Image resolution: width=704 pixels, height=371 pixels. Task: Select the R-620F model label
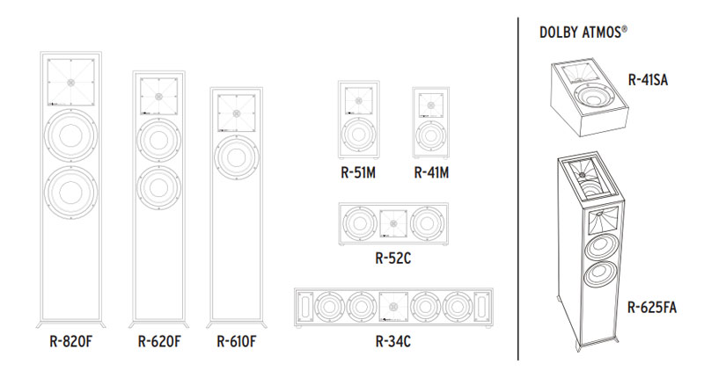click(x=158, y=340)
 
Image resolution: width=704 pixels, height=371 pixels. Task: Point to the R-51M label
click(x=358, y=172)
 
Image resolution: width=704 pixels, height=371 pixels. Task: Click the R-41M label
click(x=431, y=172)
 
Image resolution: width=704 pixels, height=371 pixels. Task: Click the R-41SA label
click(x=649, y=78)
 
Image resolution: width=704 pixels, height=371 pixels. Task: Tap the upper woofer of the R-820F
click(x=69, y=132)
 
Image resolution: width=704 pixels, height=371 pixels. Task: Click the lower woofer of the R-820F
click(x=69, y=193)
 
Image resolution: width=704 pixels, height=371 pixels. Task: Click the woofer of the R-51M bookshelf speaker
click(x=358, y=136)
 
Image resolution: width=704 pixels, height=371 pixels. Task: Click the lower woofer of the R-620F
click(x=158, y=185)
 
